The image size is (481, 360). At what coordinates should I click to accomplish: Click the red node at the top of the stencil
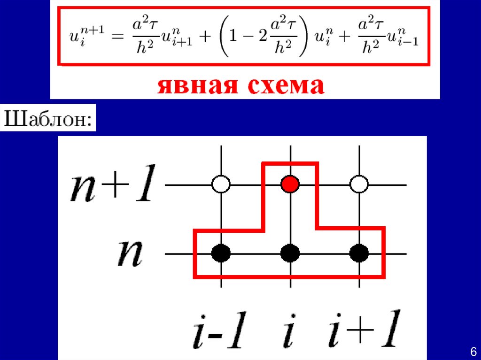click(x=290, y=184)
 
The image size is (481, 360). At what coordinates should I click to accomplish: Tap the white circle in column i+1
click(x=360, y=184)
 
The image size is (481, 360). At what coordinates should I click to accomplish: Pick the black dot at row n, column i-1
click(x=221, y=253)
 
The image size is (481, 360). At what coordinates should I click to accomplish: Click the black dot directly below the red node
click(x=290, y=253)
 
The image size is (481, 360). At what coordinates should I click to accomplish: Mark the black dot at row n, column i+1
click(x=360, y=253)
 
